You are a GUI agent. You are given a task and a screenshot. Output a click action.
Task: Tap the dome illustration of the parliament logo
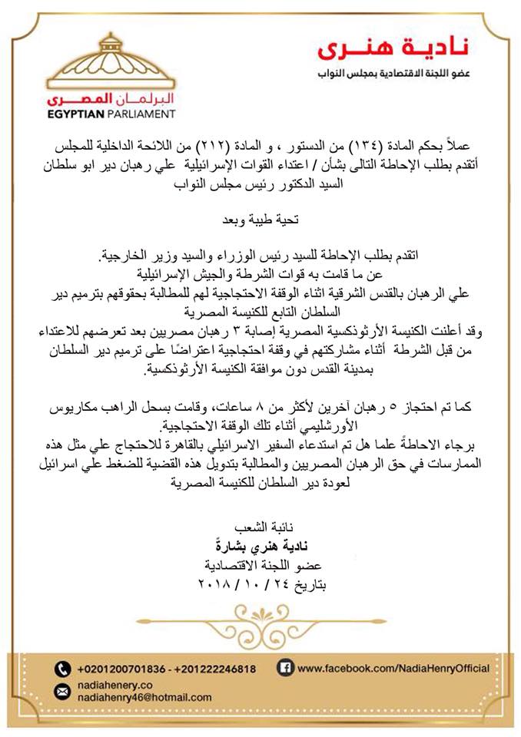[111, 62]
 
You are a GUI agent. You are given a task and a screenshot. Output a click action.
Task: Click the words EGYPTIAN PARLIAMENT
[111, 114]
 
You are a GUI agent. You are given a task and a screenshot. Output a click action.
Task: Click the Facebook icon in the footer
[284, 668]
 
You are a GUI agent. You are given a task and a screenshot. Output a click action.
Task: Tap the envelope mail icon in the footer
[62, 692]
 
